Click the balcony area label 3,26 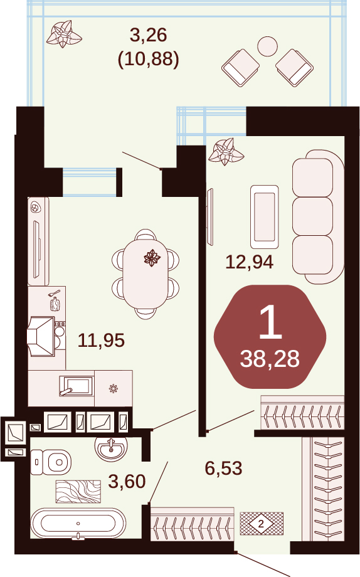(x=149, y=35)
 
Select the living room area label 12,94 (x=249, y=262)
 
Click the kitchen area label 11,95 (x=101, y=341)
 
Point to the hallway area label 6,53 (x=223, y=468)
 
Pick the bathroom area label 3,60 (x=127, y=481)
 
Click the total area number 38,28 (x=270, y=359)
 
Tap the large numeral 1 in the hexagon (x=270, y=323)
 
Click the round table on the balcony (x=267, y=46)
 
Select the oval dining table (x=146, y=274)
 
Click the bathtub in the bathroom (x=78, y=523)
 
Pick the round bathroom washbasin (x=111, y=448)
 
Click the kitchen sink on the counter (x=76, y=386)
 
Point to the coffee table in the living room (x=264, y=217)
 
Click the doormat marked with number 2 (x=262, y=523)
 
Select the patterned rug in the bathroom (x=78, y=491)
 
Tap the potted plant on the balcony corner (x=63, y=34)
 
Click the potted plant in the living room (x=226, y=151)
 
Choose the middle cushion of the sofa (x=312, y=216)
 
